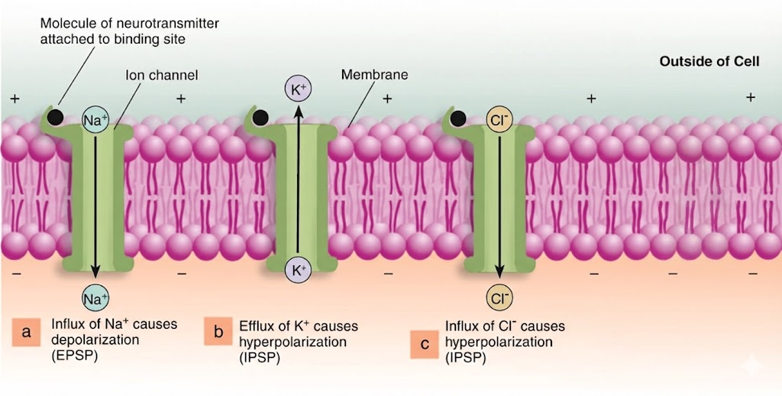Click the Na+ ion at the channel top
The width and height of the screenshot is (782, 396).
[95, 120]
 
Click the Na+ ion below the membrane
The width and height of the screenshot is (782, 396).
[95, 296]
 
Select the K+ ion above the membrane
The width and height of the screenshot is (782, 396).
[298, 89]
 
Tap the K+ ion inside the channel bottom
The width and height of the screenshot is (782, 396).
[298, 269]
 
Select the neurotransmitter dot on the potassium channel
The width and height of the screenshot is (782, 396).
[260, 117]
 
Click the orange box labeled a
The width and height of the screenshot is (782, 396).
[27, 332]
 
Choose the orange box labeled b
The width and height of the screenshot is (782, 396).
[218, 332]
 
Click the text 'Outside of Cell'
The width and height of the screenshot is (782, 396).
[709, 61]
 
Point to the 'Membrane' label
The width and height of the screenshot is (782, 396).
[374, 75]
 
